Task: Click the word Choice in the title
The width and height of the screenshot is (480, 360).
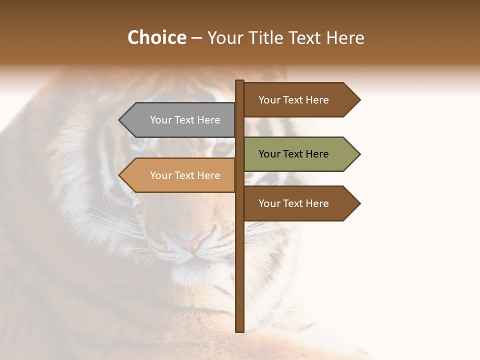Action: tap(156, 38)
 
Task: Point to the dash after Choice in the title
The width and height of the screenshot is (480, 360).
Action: tap(196, 38)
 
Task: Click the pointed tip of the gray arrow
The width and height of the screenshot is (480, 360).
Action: tap(120, 120)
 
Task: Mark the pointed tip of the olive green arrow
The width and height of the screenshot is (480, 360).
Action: tap(359, 154)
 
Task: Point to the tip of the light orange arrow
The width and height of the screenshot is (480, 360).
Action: tap(120, 175)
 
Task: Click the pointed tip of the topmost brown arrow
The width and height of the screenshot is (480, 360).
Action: tap(359, 100)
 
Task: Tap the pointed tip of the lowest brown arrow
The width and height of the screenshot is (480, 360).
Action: tap(359, 203)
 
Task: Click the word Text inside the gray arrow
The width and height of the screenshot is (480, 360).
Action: tap(184, 120)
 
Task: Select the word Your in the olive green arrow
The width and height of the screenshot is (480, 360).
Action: tap(269, 154)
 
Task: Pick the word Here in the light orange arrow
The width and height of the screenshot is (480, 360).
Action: tap(208, 175)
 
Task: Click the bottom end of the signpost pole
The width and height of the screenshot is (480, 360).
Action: tap(240, 330)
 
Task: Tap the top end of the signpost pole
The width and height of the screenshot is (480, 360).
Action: tap(240, 82)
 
